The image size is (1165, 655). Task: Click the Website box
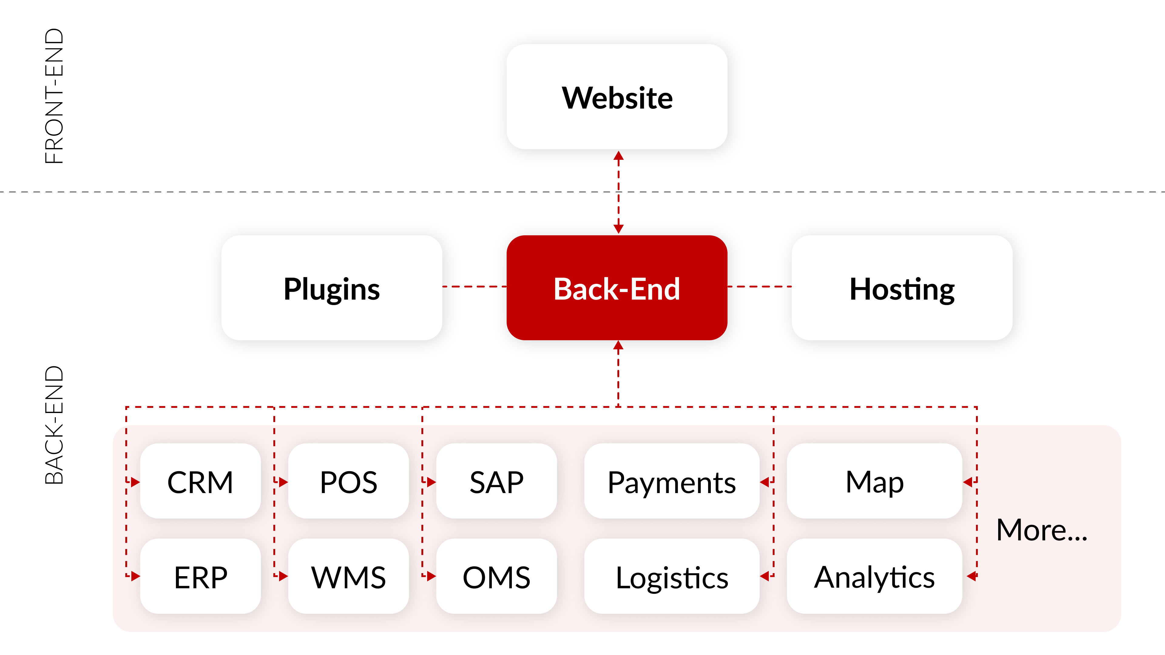[617, 97]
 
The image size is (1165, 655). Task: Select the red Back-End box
[617, 288]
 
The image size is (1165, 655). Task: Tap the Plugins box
[332, 288]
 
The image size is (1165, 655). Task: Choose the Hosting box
[902, 288]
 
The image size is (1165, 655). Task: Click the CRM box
[200, 482]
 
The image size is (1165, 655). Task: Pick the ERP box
[200, 576]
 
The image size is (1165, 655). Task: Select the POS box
[348, 482]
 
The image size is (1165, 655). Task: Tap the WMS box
[348, 576]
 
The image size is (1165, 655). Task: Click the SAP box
[496, 482]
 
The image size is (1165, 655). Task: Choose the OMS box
[496, 576]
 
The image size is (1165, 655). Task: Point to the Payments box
[672, 482]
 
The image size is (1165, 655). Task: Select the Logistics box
[672, 576]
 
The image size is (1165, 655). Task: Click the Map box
[874, 482]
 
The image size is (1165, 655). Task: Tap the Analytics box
[874, 576]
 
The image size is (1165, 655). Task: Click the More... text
[1042, 530]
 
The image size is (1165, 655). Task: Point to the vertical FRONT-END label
[55, 96]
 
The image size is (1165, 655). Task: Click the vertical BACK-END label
[55, 425]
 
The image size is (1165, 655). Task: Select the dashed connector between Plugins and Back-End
[474, 287]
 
